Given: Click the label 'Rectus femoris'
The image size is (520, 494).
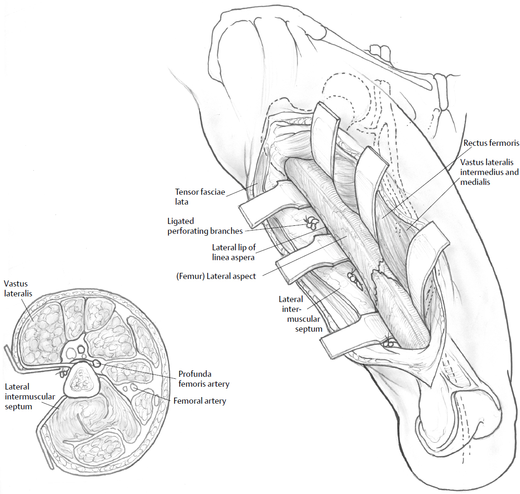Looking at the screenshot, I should [491, 143].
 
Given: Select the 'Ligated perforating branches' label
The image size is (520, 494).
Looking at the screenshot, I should [205, 226].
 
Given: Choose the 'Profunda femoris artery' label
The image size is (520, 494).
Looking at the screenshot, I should [203, 379].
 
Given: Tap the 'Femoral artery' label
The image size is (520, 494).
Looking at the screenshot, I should [200, 401].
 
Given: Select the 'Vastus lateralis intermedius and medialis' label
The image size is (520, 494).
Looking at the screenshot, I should [489, 172].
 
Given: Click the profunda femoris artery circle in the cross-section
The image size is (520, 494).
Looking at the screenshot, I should [97, 363].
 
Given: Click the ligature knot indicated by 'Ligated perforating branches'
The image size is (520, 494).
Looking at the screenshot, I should [311, 223].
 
